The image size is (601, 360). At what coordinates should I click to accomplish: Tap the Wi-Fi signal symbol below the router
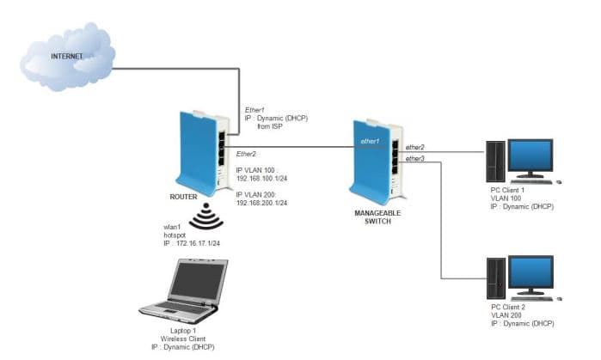(207, 218)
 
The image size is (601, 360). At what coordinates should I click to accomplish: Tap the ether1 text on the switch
(370, 140)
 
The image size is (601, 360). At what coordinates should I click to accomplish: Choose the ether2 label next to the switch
(415, 147)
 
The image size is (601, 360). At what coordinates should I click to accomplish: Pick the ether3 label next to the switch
(415, 159)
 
